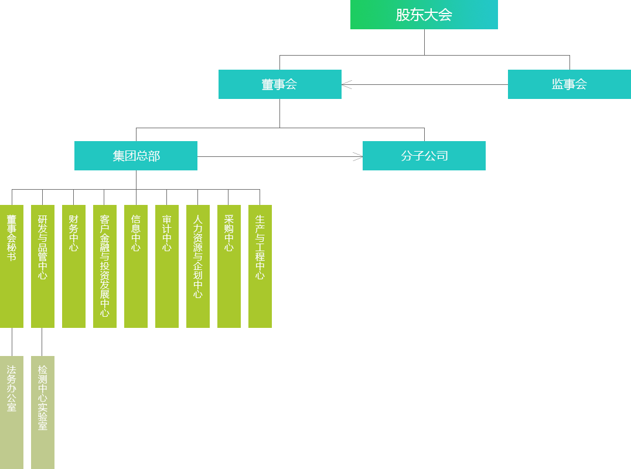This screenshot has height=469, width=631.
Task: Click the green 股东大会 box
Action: (x=424, y=15)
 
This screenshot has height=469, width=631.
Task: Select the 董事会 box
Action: (x=279, y=84)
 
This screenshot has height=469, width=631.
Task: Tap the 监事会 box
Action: (x=568, y=84)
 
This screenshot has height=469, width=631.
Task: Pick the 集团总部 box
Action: (x=135, y=155)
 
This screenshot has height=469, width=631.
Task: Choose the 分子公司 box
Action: (x=424, y=155)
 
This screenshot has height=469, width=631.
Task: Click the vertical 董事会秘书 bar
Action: (x=12, y=266)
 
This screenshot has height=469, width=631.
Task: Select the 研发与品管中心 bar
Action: (x=42, y=266)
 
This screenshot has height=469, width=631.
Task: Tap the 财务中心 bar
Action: (x=73, y=266)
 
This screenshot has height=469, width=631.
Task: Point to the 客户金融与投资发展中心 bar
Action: (x=104, y=266)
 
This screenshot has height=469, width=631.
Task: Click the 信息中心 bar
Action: (x=135, y=266)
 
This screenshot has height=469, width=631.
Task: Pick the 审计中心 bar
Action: (x=166, y=266)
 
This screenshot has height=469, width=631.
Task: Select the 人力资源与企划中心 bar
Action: (x=197, y=266)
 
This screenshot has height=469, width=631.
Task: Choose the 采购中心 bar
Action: (x=228, y=266)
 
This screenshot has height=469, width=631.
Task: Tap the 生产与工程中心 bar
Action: (x=260, y=266)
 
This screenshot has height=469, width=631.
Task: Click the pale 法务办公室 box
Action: (x=12, y=411)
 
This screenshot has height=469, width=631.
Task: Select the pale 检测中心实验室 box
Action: (x=42, y=411)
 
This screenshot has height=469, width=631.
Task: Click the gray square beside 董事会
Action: (x=347, y=85)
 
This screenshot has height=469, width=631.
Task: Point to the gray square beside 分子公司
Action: (x=357, y=156)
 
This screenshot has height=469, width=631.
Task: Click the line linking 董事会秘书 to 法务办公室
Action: (x=11, y=341)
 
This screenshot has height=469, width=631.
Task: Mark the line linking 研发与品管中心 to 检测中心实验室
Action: (x=41, y=341)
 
